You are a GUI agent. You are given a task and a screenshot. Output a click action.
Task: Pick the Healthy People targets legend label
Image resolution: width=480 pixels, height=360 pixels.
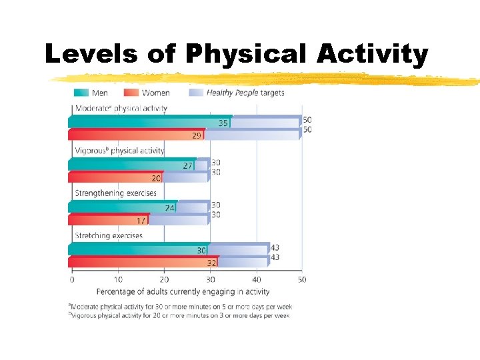pos(245,93)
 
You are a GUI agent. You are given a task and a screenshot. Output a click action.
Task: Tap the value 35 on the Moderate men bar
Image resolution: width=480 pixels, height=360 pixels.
pos(224,123)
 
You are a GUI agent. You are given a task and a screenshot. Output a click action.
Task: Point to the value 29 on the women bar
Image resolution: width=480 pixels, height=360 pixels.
pos(197,136)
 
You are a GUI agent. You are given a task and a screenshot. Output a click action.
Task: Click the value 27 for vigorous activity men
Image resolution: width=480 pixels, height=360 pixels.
pos(188,165)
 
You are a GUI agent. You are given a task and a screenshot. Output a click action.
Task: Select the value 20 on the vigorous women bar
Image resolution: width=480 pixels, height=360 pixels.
pos(156,178)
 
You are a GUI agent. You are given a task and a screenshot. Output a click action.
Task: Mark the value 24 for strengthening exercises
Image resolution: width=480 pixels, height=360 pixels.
pos(170,208)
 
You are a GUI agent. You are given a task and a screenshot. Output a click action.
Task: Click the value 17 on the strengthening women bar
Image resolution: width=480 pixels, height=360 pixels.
pos(141,221)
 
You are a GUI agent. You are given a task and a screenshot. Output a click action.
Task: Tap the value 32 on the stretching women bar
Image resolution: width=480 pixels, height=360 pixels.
pos(211,263)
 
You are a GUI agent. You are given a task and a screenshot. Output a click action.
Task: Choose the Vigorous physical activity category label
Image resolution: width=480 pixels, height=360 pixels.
pos(119,151)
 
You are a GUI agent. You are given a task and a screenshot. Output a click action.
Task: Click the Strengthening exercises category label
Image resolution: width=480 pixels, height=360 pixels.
pos(116,193)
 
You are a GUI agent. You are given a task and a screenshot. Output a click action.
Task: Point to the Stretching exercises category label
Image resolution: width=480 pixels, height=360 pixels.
pos(109,236)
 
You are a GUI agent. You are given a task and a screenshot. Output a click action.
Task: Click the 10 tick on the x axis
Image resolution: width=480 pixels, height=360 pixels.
pos(119,279)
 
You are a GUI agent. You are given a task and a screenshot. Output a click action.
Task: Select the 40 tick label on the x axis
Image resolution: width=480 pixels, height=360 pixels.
pos(256,279)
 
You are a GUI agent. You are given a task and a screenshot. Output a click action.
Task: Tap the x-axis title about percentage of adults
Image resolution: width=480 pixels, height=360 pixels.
pos(183,291)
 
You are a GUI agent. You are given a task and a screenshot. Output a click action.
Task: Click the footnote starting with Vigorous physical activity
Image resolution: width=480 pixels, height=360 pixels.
pos(180,315)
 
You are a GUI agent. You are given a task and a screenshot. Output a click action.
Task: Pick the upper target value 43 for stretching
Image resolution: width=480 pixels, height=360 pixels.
pos(275,247)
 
